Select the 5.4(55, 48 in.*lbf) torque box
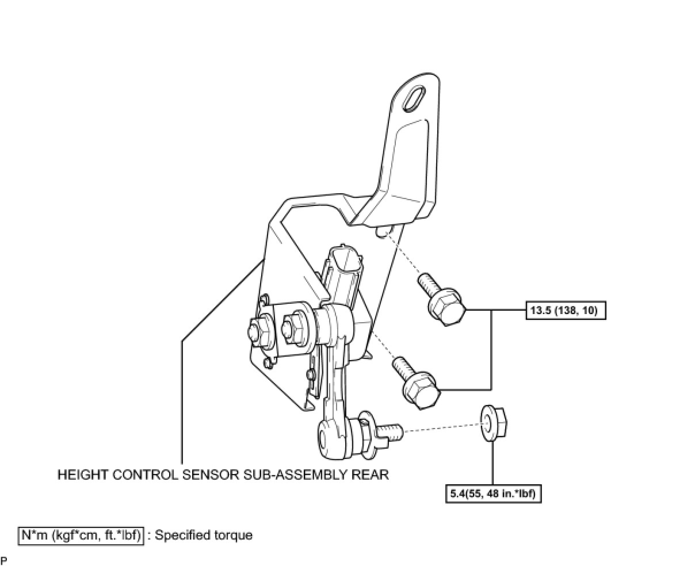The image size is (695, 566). click(494, 494)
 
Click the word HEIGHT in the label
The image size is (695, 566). click(81, 475)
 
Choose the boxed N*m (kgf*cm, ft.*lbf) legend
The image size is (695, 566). click(81, 536)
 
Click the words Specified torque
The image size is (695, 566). click(204, 536)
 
